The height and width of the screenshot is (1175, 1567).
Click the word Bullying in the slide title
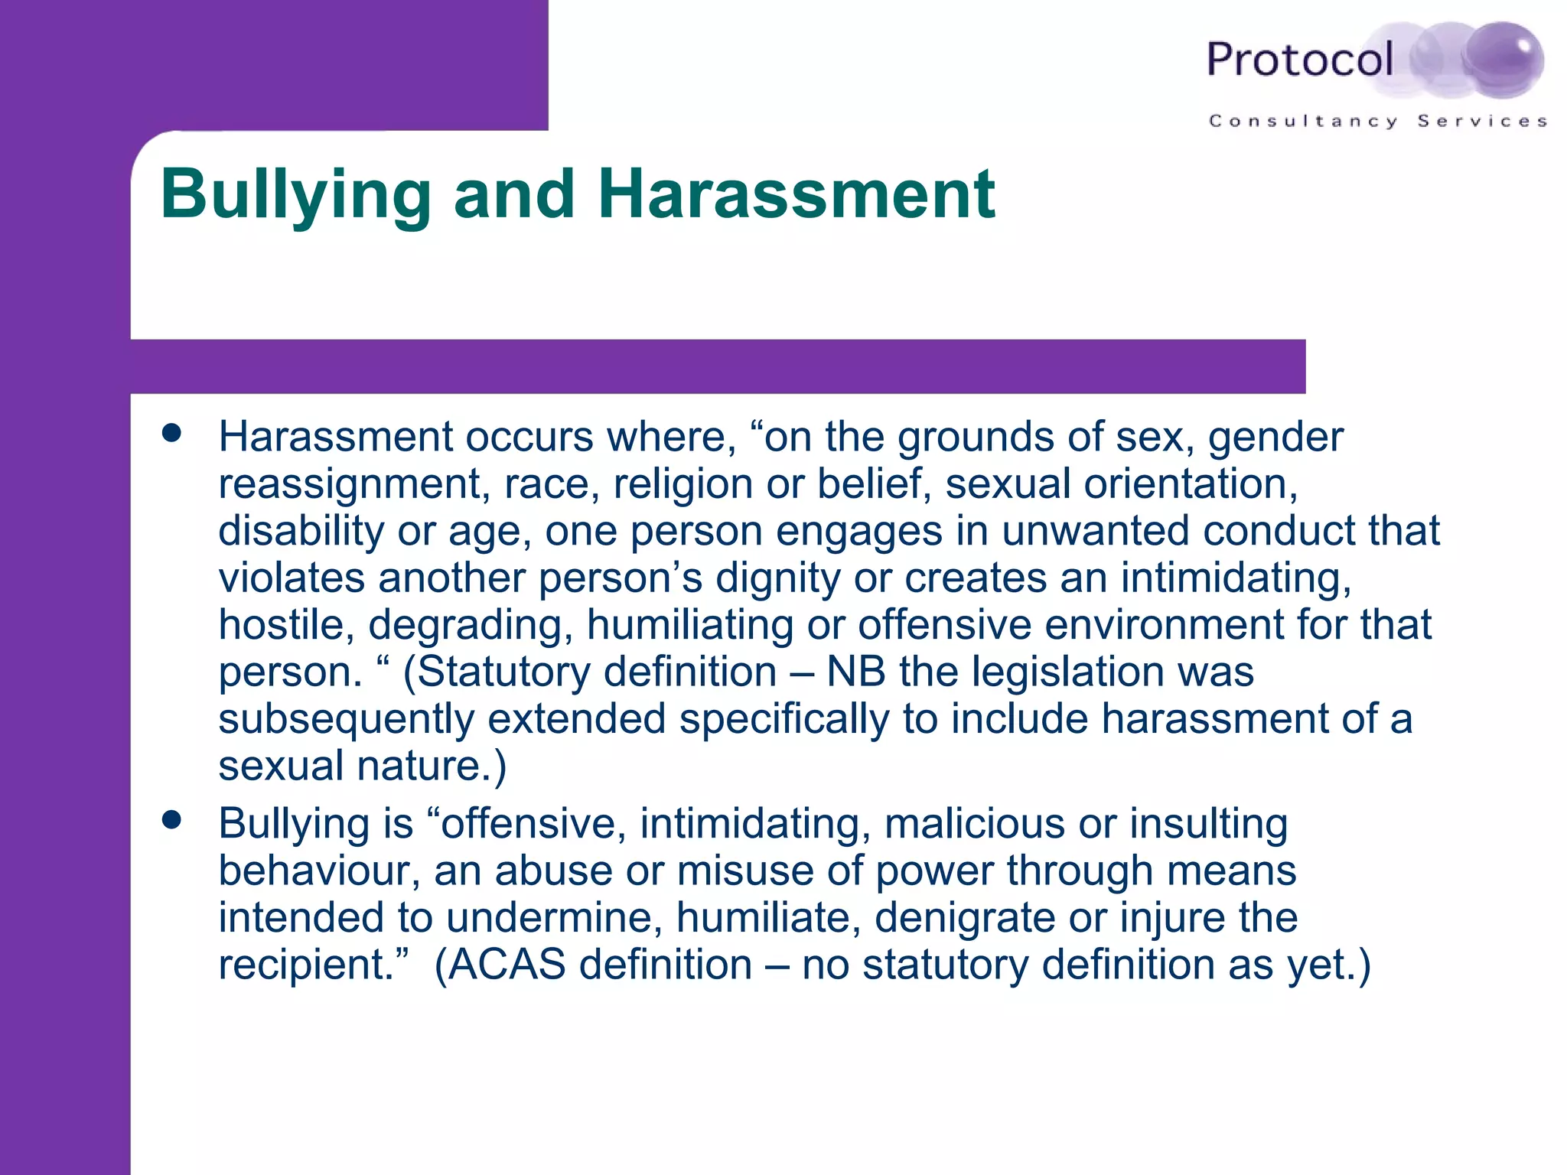pyautogui.click(x=296, y=195)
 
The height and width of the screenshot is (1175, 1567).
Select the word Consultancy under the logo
pyautogui.click(x=1303, y=122)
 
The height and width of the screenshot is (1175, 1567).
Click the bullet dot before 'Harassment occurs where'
pyautogui.click(x=172, y=433)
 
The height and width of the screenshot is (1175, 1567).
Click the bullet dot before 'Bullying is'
pyautogui.click(x=172, y=820)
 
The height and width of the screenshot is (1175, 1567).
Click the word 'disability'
pyautogui.click(x=301, y=531)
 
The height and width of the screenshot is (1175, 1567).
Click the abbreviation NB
pyautogui.click(x=856, y=672)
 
